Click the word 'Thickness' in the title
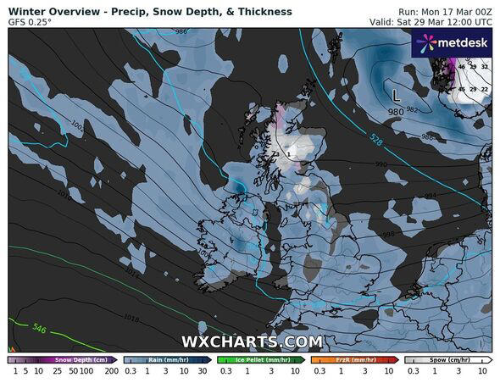264,12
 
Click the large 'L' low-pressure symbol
396,96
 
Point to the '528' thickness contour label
375,137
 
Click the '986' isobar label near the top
180,31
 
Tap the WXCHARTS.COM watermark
251,341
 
